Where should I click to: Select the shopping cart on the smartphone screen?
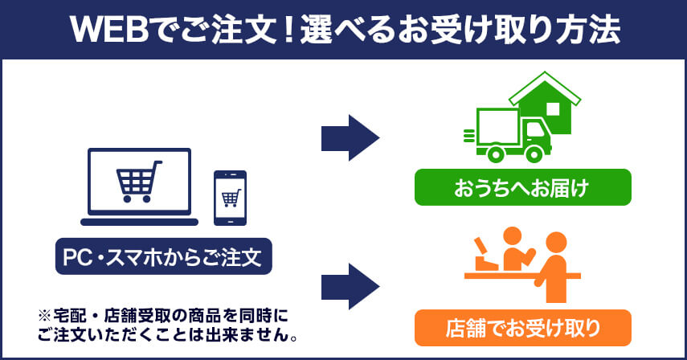pos(230,196)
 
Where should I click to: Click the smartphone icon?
pos(230,198)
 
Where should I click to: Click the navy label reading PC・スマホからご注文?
pos(163,258)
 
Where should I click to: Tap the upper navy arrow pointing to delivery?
pos(350,137)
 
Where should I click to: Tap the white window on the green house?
pos(553,108)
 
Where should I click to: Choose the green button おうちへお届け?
pos(522,188)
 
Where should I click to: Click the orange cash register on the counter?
pos(485,255)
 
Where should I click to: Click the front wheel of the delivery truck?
pos(535,153)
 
